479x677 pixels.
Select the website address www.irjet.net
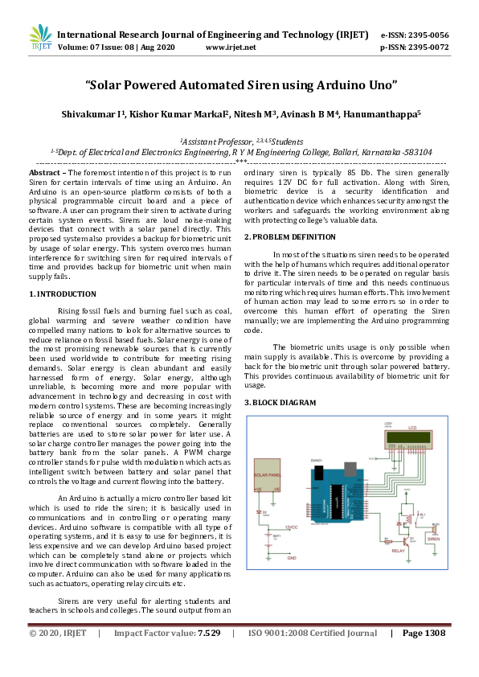231,47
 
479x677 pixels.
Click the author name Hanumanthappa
377,115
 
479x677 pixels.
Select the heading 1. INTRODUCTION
62,294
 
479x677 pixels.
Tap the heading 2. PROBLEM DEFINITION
289,236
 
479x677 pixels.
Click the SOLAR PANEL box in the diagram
268,475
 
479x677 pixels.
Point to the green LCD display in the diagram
411,440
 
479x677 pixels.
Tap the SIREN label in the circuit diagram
433,540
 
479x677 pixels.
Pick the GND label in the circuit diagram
292,557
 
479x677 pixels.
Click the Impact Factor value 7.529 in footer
209,656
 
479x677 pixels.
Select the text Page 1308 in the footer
424,656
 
